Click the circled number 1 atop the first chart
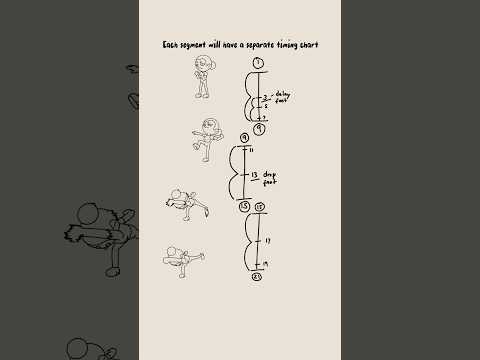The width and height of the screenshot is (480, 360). tap(258, 63)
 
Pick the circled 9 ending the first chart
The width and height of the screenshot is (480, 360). tap(258, 129)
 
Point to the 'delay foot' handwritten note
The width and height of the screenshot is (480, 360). tap(281, 98)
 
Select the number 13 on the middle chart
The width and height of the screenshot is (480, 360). tap(253, 174)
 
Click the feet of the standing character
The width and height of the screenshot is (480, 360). tap(203, 95)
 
